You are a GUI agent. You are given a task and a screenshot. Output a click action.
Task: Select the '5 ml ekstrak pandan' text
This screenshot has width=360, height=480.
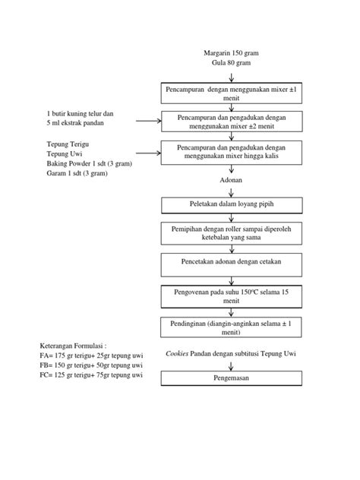click(x=74, y=123)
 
